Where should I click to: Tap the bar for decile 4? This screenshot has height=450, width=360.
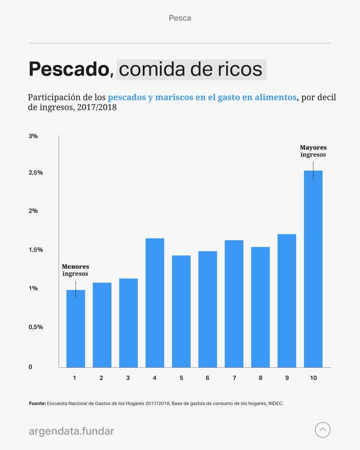tap(155, 302)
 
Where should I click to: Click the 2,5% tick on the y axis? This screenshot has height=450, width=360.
tap(35, 172)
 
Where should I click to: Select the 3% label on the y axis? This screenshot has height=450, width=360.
tap(33, 136)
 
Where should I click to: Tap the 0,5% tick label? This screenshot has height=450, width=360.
tap(35, 327)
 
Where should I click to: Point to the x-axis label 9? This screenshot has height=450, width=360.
tap(287, 378)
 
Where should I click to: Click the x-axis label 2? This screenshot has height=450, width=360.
tap(101, 378)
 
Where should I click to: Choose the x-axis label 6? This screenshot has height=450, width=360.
tap(207, 378)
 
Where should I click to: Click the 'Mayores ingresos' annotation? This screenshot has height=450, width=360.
tap(313, 151)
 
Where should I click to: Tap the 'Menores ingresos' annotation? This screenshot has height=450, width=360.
tap(75, 270)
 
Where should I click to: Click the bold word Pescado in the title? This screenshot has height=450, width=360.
tap(69, 69)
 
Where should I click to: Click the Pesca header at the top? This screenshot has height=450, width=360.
tap(180, 18)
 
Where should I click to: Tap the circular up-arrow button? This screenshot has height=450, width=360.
tap(322, 429)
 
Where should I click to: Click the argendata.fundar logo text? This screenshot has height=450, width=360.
tap(71, 430)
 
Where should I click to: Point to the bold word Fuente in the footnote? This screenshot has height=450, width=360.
tap(37, 402)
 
